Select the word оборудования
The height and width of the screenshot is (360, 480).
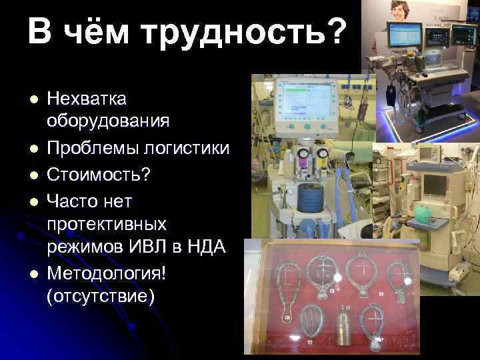tap(108, 121)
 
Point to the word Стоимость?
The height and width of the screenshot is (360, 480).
tap(99, 175)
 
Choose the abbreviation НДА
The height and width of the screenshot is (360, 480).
tap(209, 247)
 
